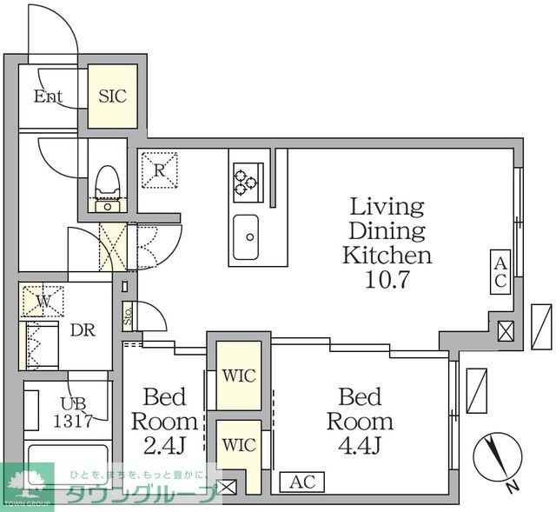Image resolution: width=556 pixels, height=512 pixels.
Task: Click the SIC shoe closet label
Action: (112, 96)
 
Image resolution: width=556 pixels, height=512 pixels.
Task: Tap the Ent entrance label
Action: (49, 96)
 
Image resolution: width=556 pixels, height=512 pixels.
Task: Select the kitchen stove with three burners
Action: (248, 183)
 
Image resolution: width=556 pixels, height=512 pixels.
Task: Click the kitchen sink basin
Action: (246, 237)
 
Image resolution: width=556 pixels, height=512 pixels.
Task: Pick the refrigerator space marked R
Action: (160, 170)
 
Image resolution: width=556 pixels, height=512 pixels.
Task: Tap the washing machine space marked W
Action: (43, 302)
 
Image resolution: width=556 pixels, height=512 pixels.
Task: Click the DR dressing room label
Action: (83, 330)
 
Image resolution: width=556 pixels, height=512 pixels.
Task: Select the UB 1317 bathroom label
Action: (73, 412)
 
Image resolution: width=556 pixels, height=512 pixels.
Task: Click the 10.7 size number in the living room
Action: (387, 279)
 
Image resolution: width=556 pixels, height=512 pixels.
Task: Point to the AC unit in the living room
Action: (500, 272)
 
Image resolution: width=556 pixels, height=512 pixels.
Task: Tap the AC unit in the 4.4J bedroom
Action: (302, 482)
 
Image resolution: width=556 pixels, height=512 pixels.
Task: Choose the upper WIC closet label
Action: (239, 376)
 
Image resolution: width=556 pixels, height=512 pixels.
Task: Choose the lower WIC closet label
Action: (239, 444)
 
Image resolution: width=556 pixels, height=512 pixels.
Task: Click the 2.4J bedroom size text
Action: (165, 446)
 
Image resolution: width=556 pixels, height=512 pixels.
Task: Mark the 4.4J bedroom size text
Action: (360, 446)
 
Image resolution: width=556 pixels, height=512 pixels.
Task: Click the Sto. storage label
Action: (128, 317)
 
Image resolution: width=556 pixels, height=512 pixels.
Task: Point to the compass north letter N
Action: (511, 487)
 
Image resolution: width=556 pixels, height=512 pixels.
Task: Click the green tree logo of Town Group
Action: (27, 482)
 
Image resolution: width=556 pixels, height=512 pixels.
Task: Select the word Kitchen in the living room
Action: (387, 255)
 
